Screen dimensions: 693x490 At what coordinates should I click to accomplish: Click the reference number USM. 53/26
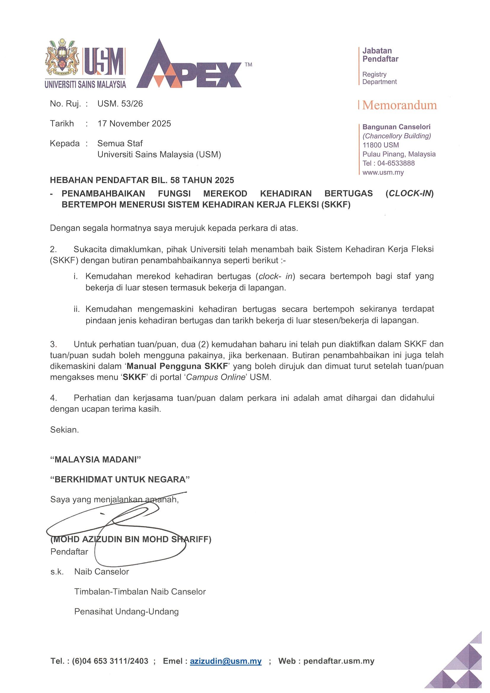[x=120, y=104]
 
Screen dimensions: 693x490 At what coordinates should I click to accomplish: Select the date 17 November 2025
[x=134, y=123]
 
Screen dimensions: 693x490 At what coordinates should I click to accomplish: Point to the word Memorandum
[x=399, y=105]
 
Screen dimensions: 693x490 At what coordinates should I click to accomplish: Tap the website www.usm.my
[x=383, y=173]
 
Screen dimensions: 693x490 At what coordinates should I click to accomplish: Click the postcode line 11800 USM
[x=380, y=145]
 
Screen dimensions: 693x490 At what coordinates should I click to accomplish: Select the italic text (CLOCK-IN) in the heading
[x=409, y=193]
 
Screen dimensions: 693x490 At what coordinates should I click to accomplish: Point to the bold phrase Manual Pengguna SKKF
[x=177, y=366]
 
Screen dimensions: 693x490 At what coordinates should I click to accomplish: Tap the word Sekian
[x=64, y=430]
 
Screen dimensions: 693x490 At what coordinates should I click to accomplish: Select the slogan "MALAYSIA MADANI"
[x=96, y=459]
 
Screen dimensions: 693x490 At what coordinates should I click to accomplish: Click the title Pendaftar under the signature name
[x=69, y=552]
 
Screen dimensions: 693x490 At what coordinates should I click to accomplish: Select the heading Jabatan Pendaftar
[x=380, y=54]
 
